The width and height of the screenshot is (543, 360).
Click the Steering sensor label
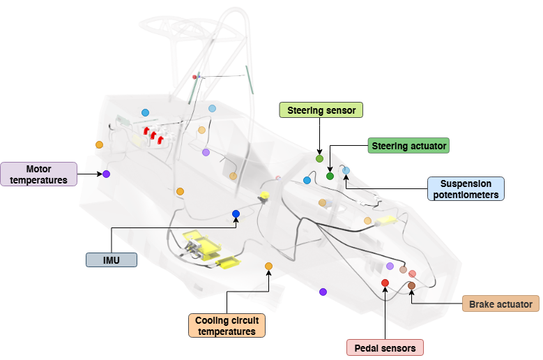pos(321,110)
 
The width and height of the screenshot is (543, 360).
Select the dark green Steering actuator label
pos(408,145)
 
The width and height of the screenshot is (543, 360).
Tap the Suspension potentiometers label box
pos(466,188)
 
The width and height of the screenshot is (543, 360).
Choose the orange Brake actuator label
pos(500,304)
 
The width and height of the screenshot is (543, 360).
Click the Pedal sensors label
pos(385,347)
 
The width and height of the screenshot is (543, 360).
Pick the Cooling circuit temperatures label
pos(227,326)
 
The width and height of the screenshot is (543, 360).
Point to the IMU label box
pos(111,260)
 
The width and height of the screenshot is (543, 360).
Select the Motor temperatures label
pos(39,174)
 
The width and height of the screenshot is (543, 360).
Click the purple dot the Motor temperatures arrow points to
pos(107,174)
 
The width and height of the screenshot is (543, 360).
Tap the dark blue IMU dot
pos(236,213)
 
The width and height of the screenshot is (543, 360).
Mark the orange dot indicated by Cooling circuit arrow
pos(268,266)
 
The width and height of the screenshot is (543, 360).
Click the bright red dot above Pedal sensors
pos(385,283)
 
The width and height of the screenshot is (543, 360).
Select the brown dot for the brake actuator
pos(411,285)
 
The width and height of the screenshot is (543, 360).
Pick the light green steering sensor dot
pos(319,159)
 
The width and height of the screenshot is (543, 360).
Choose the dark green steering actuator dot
pos(330,176)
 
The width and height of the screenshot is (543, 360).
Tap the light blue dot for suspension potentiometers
pos(346,170)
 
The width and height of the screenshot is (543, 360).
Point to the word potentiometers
pos(466,195)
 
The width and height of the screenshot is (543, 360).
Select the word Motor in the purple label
pos(39,169)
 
